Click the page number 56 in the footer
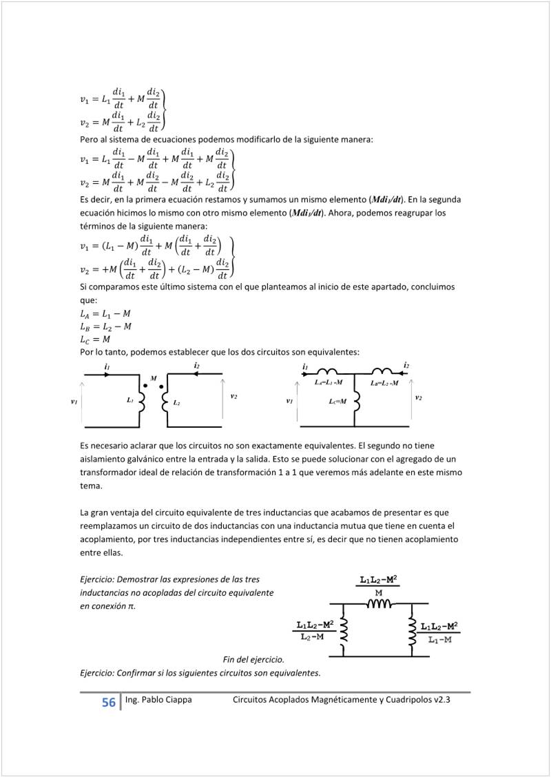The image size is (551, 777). [109, 703]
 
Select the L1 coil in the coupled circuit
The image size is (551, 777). [143, 401]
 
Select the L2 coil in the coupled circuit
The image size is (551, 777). [165, 401]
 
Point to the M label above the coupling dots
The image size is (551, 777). [154, 378]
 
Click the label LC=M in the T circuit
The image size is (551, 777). [337, 401]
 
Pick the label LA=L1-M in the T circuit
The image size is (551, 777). [329, 382]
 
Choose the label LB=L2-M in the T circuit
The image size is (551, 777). [384, 382]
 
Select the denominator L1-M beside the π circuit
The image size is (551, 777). [439, 640]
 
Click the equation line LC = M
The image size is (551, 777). [95, 340]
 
